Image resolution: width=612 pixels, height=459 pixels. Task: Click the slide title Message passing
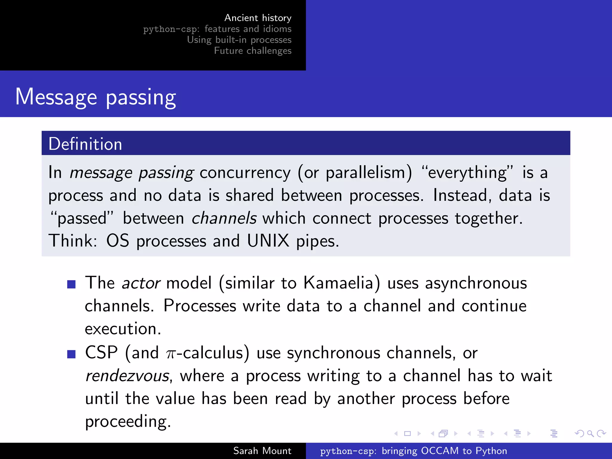(x=96, y=97)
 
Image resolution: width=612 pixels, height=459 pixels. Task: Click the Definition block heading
(x=85, y=144)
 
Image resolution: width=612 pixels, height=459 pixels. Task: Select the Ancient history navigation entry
(x=258, y=18)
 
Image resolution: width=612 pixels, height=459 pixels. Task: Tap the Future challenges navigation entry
(x=253, y=51)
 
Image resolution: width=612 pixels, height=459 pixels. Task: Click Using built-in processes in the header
(x=239, y=40)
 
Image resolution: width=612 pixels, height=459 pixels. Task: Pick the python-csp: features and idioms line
(x=217, y=29)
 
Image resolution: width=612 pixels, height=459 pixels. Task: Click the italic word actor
(x=141, y=283)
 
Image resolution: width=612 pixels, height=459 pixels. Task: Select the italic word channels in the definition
(x=224, y=218)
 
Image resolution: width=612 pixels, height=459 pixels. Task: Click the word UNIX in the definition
(x=268, y=241)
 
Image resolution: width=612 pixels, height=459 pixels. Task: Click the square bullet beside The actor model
(x=71, y=284)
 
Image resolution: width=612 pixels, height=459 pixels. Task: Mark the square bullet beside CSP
(x=71, y=354)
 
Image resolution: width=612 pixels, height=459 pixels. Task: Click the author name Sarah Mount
(x=262, y=451)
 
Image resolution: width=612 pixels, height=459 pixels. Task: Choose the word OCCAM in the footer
(x=440, y=451)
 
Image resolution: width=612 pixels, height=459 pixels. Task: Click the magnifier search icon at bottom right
(x=590, y=434)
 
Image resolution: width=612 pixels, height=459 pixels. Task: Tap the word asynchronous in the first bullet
(x=476, y=283)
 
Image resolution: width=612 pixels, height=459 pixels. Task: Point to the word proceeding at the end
(x=128, y=422)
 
